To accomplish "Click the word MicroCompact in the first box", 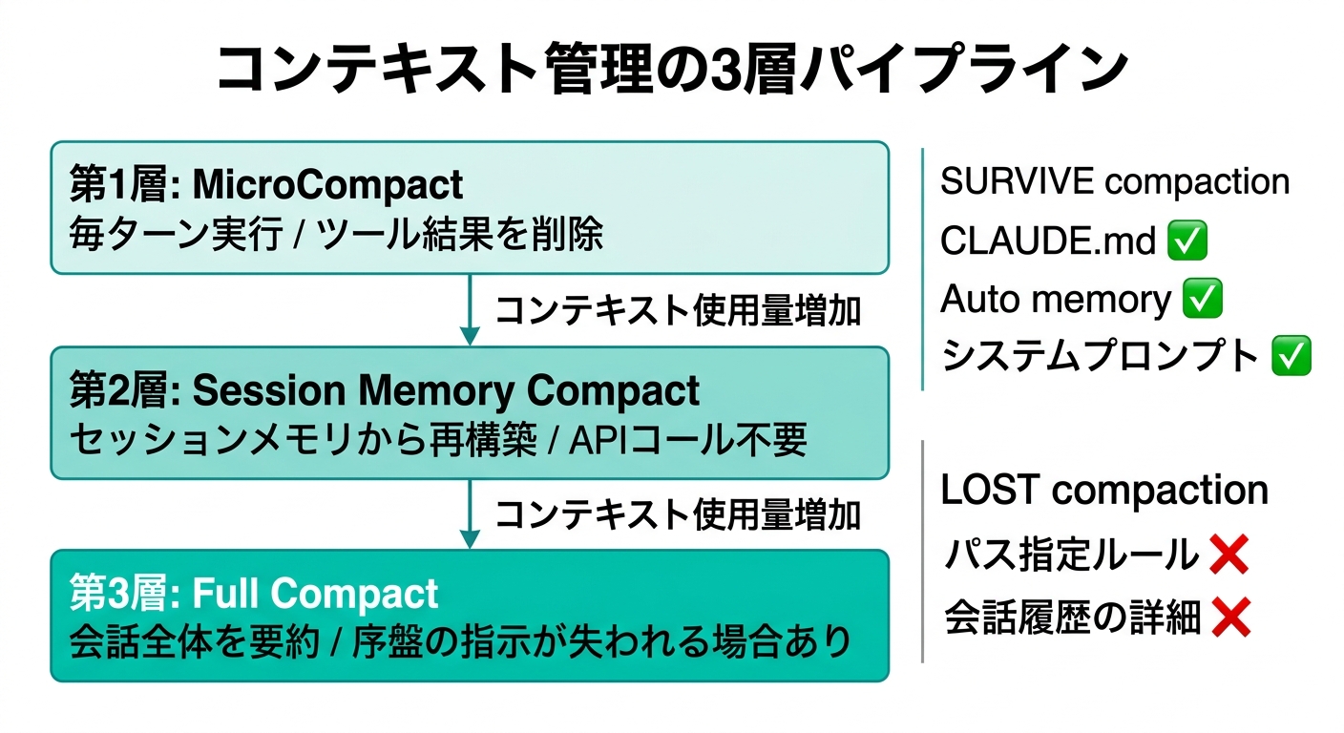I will click(327, 185).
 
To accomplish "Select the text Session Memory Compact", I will click(447, 390).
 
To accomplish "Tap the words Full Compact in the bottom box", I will click(315, 594).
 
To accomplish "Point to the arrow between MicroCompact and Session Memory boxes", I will click(469, 309).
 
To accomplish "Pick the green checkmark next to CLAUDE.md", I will click(1187, 241).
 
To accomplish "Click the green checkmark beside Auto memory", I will click(1202, 300).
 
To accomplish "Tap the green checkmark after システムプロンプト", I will click(1291, 357).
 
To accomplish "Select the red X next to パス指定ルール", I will click(1228, 555).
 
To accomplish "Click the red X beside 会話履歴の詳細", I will click(1230, 618).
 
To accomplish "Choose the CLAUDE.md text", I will click(1047, 241).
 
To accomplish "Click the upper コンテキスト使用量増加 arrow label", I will click(679, 310).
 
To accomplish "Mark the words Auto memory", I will click(1055, 300).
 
